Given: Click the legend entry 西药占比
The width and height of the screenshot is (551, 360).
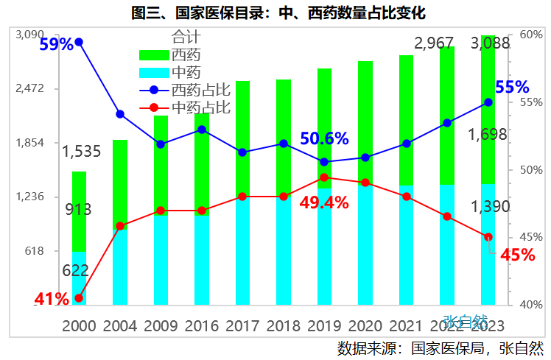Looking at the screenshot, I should pos(201,90).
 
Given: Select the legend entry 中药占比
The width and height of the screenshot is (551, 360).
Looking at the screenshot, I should pos(201,107).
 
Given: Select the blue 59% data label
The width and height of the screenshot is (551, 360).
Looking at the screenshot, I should pos(56,44).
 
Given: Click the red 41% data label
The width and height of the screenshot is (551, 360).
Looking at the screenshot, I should pos(52,298).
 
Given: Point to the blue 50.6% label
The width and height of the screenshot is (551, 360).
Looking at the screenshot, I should pos(324,138).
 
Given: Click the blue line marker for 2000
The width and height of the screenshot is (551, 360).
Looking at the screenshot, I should pos(79,42).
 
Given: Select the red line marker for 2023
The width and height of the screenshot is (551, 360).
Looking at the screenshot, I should pos(488,237).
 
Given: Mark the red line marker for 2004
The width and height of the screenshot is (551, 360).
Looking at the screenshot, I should pos(120,225).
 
